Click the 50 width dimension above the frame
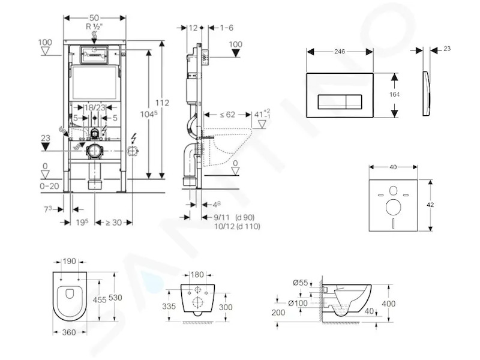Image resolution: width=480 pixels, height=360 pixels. coord(94,18)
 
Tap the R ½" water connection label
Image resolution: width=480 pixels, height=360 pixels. coord(94,26)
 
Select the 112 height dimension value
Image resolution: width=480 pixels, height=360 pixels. coord(162,103)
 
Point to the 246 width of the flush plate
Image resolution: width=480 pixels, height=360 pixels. coord(340,52)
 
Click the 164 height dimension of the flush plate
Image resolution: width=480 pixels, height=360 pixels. coord(394,95)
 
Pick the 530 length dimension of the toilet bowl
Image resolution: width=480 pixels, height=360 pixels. coord(115,297)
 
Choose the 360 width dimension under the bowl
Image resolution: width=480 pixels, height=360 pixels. coord(69,332)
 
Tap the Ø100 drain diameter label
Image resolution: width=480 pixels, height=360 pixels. coord(298,303)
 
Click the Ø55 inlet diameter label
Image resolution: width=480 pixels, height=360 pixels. coord(301,283)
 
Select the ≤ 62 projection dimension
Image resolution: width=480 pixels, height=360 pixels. coord(227,115)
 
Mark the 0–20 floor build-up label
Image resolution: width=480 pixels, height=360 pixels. coord(50,186)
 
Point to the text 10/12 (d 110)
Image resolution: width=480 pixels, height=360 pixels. coord(237,227)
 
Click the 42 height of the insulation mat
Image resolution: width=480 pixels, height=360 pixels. coord(430,205)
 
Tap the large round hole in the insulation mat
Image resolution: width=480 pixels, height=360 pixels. coord(394,207)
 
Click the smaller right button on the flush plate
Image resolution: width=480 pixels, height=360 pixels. coord(354,101)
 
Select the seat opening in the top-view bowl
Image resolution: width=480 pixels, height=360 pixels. coord(70,293)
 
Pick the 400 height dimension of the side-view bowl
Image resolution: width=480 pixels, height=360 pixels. coord(388,304)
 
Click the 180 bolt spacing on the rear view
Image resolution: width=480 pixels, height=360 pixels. coord(197,275)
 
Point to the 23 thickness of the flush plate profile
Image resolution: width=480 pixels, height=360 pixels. coord(447,49)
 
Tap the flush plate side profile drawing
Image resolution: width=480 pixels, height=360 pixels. coord(427,94)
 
